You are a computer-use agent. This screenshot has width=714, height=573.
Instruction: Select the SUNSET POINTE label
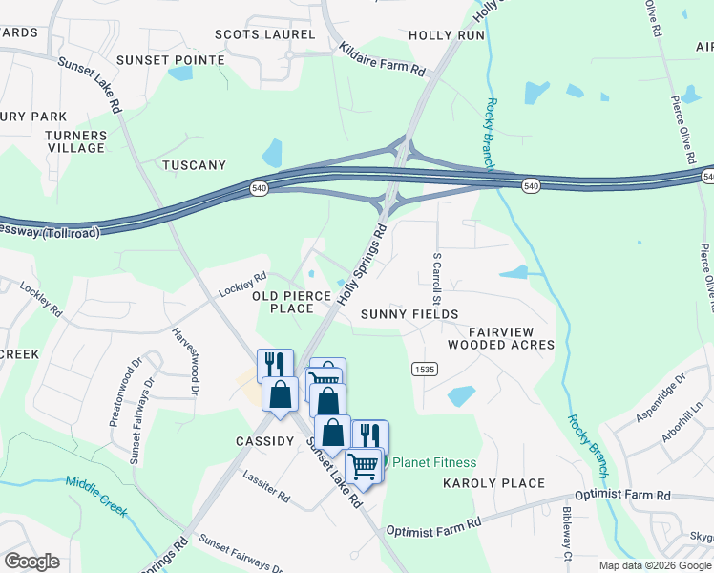click(x=170, y=59)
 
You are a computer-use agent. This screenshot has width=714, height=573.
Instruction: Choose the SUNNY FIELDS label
click(x=409, y=314)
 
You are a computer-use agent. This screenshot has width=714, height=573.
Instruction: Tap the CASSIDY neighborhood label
click(x=264, y=441)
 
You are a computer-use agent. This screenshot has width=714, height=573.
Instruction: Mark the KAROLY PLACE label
click(x=493, y=483)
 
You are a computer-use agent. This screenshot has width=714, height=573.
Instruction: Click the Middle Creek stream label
click(x=96, y=496)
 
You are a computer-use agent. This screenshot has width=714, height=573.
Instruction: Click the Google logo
click(x=31, y=562)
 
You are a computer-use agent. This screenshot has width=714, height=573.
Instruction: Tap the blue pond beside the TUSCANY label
click(x=273, y=153)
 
